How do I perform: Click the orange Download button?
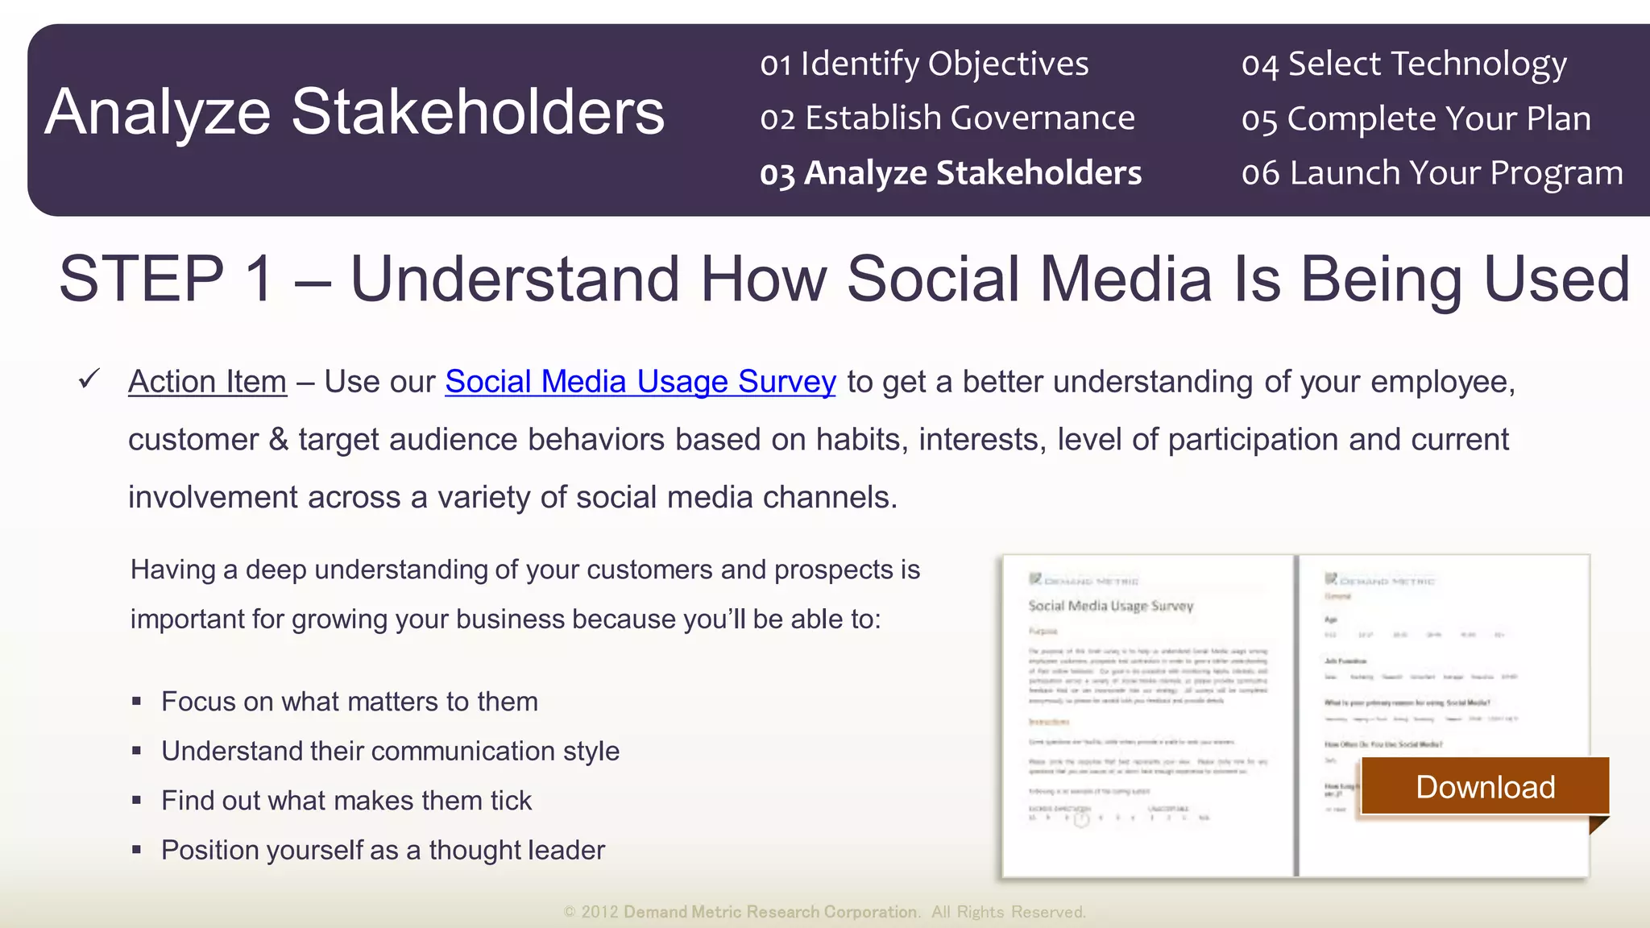pos(1485,787)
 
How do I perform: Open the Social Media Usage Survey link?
pos(640,382)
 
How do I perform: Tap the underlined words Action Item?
pos(207,382)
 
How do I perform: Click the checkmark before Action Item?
pos(89,379)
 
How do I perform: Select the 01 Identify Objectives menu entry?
pos(923,64)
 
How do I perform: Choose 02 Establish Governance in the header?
pos(947,118)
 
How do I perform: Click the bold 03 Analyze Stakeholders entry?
pos(951,173)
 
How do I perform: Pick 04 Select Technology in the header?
pos(1403,64)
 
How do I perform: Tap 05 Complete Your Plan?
pos(1416,118)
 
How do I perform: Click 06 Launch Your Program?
pos(1432,173)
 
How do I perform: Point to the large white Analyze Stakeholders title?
pos(354,112)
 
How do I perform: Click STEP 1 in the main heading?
pos(166,279)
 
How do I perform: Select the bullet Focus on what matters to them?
pos(349,702)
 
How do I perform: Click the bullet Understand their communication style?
pos(390,751)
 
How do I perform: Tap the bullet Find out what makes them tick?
pos(346,801)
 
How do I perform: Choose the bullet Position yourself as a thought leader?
pos(383,850)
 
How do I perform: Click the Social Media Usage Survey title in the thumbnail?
pos(1110,606)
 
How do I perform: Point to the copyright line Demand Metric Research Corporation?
pos(771,912)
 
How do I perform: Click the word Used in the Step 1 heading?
pos(1557,279)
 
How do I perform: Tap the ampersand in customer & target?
pos(278,440)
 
